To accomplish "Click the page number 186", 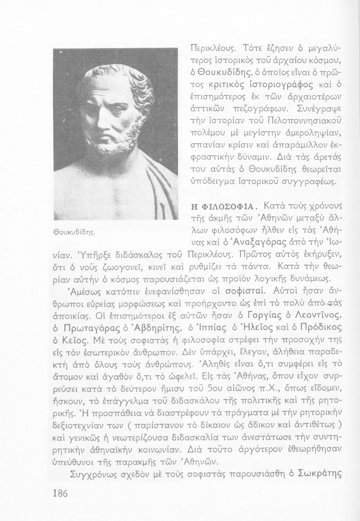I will [61, 494].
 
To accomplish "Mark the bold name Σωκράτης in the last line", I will [319, 473].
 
